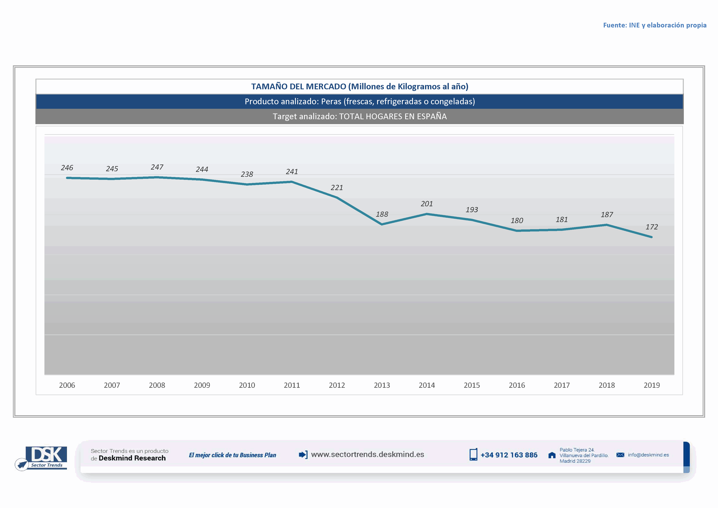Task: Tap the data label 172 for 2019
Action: pos(651,227)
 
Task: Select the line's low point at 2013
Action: pos(382,224)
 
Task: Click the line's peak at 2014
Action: pos(427,214)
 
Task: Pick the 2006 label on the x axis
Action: pos(67,385)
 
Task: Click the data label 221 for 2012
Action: pos(337,188)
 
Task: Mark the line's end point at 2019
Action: pos(651,237)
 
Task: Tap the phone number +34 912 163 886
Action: pos(509,455)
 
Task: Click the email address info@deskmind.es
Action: pos(648,455)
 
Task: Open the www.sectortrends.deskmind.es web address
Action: pos(367,455)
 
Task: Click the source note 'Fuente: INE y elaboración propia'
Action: pos(655,25)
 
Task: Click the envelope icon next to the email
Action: pos(620,455)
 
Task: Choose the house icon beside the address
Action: pos(552,455)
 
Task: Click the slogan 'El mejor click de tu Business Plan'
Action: pos(232,455)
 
